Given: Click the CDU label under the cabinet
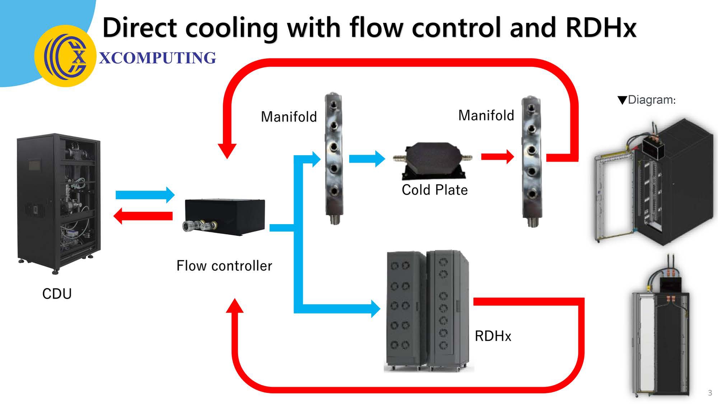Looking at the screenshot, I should pos(57,294).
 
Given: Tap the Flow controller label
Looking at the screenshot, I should pos(224,266).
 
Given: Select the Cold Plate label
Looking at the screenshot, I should pos(434,190).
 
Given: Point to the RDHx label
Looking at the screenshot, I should pos(493,336).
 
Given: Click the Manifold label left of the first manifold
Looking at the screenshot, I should pos(289,117).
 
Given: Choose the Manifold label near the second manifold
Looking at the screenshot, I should pos(486,115).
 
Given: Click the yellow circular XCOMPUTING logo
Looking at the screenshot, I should pos(65,56).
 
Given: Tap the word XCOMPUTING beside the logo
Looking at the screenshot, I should pos(157,58).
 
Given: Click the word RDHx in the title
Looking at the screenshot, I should pos(601,27).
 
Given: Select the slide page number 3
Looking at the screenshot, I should pos(710,393).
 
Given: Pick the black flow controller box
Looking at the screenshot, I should pos(225,217).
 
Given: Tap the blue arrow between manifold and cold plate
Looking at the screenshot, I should pos(367,158).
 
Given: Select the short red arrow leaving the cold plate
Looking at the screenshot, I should pos(497,157).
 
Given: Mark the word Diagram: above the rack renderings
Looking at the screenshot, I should pos(651,99).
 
